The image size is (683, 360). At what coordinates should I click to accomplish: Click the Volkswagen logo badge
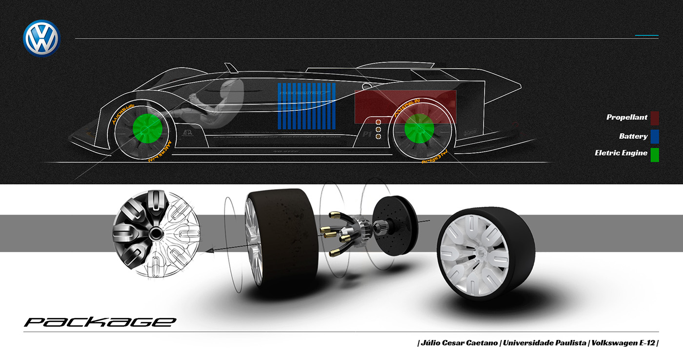point(41,38)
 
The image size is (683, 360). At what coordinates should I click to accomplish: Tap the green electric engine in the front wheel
point(147,129)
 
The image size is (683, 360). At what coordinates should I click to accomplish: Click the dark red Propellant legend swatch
point(654,118)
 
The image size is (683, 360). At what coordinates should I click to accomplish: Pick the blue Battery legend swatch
point(654,137)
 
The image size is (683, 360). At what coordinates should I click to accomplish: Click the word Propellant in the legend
point(627,118)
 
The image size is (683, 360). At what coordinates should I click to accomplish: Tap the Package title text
point(100,322)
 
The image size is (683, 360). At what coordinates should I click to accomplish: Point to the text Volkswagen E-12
point(623,343)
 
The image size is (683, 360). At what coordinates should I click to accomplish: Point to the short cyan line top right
point(646,36)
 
